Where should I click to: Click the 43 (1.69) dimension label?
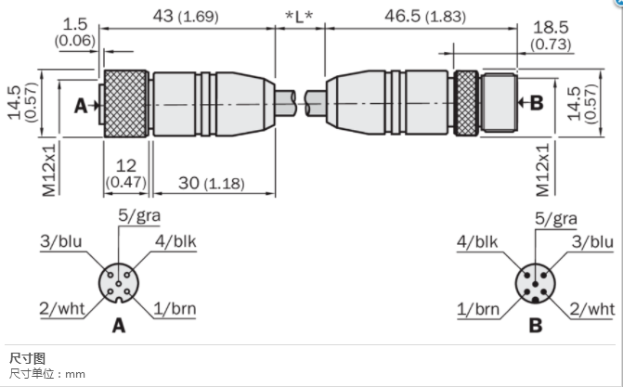[x=186, y=17]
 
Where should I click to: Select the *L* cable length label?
[x=299, y=17]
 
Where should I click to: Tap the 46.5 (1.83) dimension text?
[x=425, y=17]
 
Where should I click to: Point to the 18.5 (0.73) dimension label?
[x=552, y=35]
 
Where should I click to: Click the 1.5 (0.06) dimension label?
[x=75, y=32]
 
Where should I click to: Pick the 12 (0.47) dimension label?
[x=126, y=174]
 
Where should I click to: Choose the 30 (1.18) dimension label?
[x=212, y=183]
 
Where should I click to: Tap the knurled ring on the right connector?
[x=466, y=103]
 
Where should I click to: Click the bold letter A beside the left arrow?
[x=81, y=106]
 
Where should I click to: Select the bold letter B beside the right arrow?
[x=537, y=103]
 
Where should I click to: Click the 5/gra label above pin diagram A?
[x=139, y=215]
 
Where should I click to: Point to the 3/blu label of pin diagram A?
[x=60, y=241]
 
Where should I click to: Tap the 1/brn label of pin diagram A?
[x=175, y=309]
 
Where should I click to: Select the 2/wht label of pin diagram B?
[x=592, y=309]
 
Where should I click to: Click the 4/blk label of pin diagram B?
[x=477, y=241]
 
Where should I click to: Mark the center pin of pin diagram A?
[x=119, y=283]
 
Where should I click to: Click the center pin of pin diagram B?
[x=535, y=284]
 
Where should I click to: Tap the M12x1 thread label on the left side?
[x=49, y=170]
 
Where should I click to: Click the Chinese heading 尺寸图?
[x=28, y=358]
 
